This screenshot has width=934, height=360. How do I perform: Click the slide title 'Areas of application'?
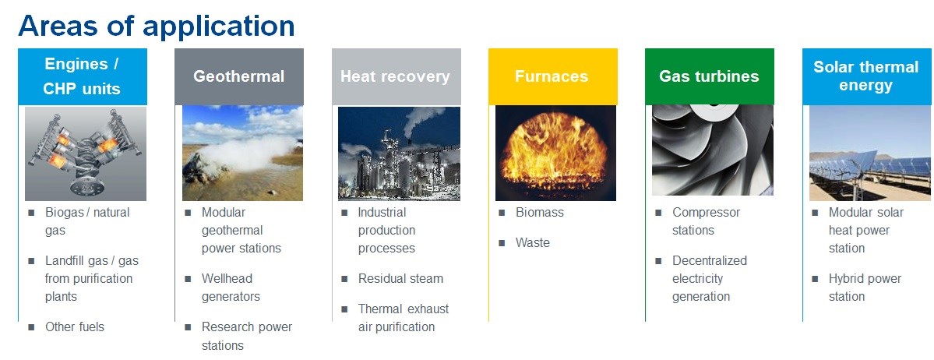point(157,26)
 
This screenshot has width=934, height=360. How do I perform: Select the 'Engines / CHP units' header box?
point(83,77)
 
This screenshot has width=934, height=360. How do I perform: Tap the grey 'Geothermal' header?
point(239,77)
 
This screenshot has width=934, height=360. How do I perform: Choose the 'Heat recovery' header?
point(397,77)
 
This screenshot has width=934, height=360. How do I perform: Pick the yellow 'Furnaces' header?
point(553,77)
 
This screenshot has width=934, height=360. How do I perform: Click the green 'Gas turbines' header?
point(710,77)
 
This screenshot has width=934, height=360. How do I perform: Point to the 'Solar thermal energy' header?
point(868,77)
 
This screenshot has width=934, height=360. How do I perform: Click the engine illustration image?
point(85,154)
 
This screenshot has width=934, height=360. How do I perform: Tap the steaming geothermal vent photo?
point(242,154)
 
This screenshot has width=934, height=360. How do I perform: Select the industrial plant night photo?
point(399,154)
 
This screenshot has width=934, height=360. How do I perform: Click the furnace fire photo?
point(555,154)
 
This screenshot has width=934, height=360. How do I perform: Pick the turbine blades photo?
point(713,151)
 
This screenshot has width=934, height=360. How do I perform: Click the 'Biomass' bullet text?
point(540,213)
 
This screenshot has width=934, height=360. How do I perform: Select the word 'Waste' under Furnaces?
point(533,243)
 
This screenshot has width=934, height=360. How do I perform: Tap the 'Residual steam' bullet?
point(401,279)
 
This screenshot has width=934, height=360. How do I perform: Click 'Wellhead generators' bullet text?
point(231,288)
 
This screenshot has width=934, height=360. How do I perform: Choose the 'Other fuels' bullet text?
point(75,327)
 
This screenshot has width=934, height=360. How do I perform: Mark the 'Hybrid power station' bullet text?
point(865,288)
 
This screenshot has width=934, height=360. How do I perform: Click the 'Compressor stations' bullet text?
point(707,221)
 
